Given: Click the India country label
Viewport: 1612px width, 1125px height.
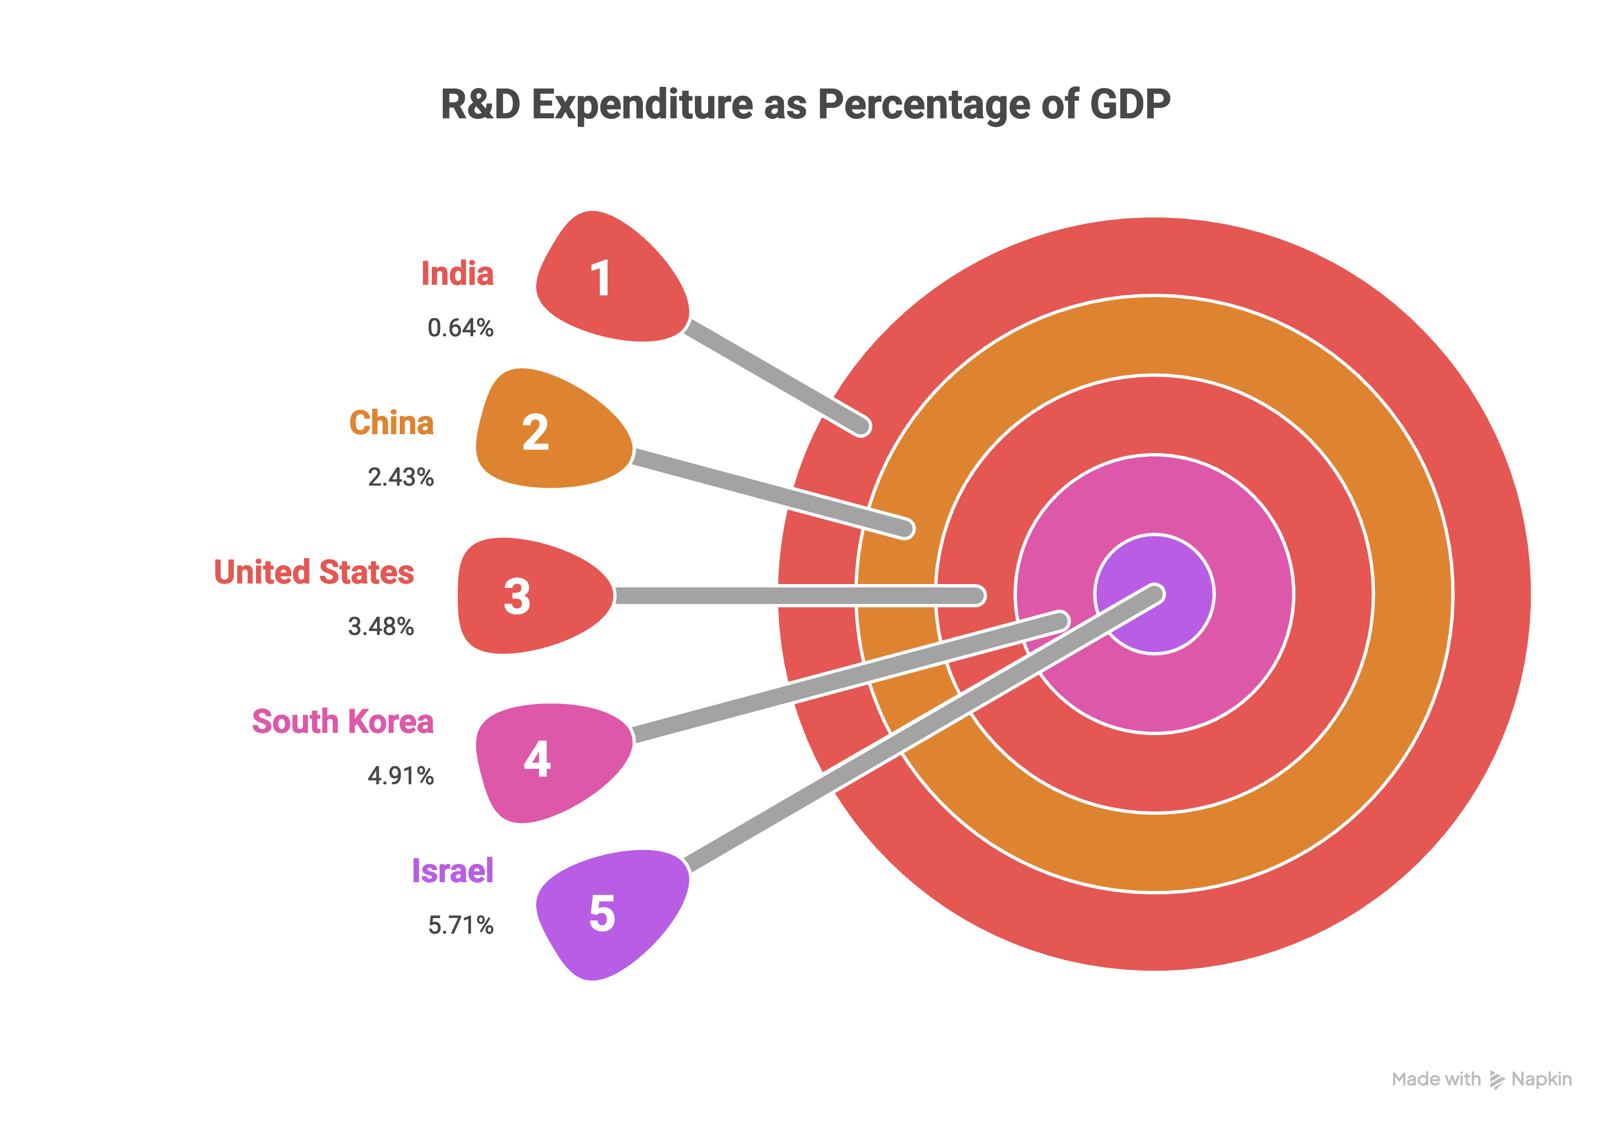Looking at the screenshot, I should (x=457, y=274).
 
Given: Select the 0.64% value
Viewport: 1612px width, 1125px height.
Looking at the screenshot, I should (x=460, y=328).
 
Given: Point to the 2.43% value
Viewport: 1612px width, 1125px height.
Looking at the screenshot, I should (x=401, y=477).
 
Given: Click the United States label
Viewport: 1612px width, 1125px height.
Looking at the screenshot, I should (x=314, y=572).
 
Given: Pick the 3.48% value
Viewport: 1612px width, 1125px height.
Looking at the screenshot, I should (x=381, y=627).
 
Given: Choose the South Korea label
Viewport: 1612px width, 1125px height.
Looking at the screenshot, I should (x=343, y=722).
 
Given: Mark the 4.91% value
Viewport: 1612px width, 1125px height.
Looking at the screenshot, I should (x=401, y=776).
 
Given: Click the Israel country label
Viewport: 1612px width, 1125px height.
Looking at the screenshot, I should (x=453, y=871).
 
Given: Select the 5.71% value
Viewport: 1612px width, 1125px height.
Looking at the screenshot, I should (x=460, y=925).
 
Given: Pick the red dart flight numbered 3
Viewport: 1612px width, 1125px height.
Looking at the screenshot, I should (x=527, y=596).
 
